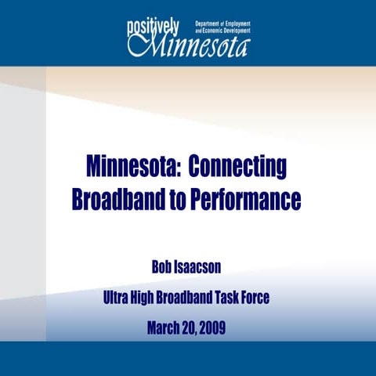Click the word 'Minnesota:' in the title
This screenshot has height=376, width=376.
[132, 168]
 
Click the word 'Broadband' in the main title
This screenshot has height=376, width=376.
[113, 199]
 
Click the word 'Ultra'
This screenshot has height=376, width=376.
[119, 298]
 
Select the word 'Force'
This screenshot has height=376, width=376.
[272, 298]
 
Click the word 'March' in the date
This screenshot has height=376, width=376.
[165, 328]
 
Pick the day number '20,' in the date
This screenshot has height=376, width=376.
[194, 328]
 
